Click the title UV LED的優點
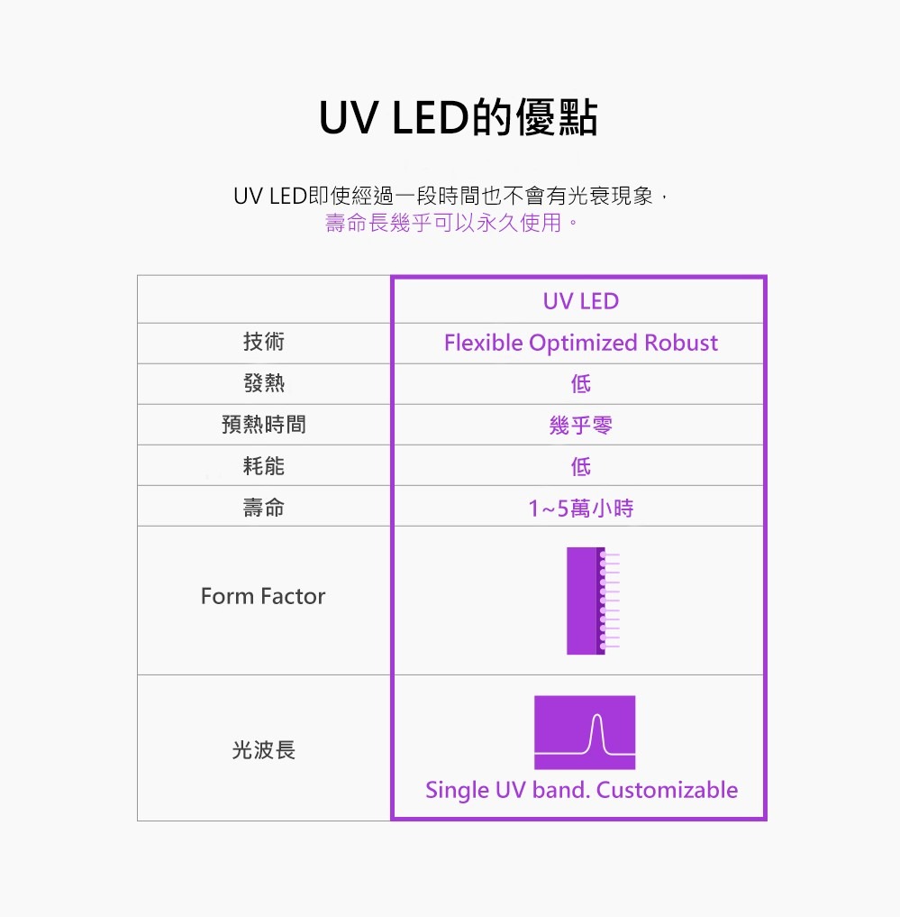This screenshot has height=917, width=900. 458,118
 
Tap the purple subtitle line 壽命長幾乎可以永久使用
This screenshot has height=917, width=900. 450,223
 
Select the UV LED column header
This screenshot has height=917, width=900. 580,300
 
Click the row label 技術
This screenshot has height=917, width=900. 263,342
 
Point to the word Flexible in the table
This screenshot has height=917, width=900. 483,343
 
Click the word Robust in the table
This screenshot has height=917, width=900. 680,343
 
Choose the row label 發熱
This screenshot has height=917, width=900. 263,383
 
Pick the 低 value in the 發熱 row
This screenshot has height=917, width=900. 580,384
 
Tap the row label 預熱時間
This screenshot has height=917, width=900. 263,424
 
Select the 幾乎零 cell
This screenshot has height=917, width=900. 580,425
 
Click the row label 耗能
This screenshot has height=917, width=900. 263,465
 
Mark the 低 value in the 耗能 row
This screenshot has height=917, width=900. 580,466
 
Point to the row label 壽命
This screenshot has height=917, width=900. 263,508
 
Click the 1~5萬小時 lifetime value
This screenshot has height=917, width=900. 580,509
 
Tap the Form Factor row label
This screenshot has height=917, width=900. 263,596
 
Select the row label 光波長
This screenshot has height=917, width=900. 263,749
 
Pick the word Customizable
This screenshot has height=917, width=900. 667,790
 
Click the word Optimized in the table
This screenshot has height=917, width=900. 583,343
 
